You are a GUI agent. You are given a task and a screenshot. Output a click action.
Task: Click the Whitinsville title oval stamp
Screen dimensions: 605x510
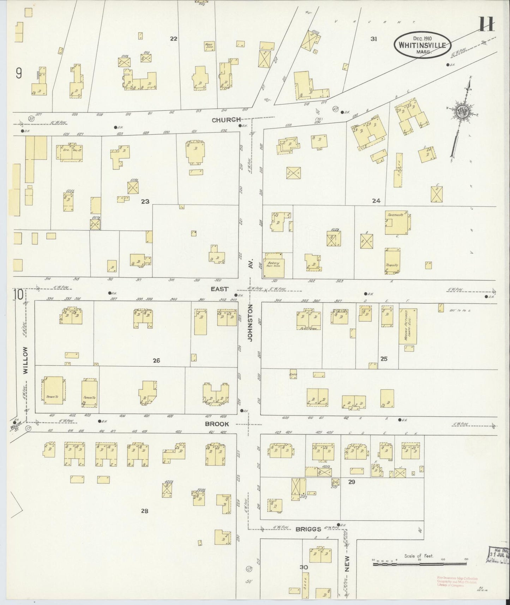tap(422, 45)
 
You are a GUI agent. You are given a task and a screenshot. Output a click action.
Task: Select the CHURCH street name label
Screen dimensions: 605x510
tap(226, 120)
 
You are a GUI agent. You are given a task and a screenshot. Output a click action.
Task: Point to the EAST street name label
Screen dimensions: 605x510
tap(220, 289)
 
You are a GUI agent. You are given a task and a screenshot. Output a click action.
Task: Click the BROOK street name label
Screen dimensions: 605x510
tap(217, 424)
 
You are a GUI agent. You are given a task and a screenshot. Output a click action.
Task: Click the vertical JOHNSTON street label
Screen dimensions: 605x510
tap(250, 323)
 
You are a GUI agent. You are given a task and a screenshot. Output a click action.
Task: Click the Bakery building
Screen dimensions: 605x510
tap(274, 265)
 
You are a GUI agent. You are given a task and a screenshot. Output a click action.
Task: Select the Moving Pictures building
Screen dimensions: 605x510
tap(408, 326)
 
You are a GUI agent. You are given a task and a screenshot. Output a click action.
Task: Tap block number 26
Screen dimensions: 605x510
tap(156, 361)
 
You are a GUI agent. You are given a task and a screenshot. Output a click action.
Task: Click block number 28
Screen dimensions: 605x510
tap(144, 511)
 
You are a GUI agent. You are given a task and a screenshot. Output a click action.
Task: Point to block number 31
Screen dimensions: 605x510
tap(374, 39)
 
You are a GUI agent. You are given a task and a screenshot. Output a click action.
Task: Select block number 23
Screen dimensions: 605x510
tap(145, 202)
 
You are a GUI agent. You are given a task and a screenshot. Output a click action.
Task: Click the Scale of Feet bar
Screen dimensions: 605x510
tap(419, 564)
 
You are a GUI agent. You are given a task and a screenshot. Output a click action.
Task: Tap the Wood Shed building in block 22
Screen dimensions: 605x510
tap(210, 47)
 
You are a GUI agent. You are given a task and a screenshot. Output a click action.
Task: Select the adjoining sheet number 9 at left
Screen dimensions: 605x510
tap(19, 73)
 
